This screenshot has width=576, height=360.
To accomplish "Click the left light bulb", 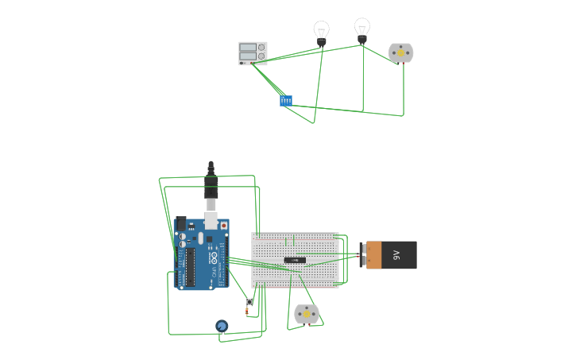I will (x=321, y=33).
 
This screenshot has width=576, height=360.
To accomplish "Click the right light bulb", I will (x=362, y=29).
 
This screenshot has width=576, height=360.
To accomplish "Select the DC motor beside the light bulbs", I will (x=400, y=53).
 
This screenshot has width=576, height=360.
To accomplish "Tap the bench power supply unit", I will (x=253, y=53).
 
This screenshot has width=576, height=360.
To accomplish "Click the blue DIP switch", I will (x=286, y=100).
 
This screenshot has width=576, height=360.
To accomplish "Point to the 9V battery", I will (x=391, y=255).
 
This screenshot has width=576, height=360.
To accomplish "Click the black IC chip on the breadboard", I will (x=295, y=260).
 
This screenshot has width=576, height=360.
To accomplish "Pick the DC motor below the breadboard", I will (x=306, y=314).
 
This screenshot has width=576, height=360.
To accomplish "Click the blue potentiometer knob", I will (x=222, y=326).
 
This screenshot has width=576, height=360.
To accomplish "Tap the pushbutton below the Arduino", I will (x=249, y=301).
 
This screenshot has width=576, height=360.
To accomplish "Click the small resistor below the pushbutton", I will (x=247, y=312).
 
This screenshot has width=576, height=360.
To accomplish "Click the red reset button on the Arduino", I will (x=223, y=226).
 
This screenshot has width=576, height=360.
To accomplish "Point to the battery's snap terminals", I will (x=363, y=255).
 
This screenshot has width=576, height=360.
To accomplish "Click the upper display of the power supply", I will (x=248, y=48).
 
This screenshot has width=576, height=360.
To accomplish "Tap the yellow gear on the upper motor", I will (x=400, y=53).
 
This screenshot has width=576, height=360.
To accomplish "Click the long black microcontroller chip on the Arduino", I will (x=191, y=267).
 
